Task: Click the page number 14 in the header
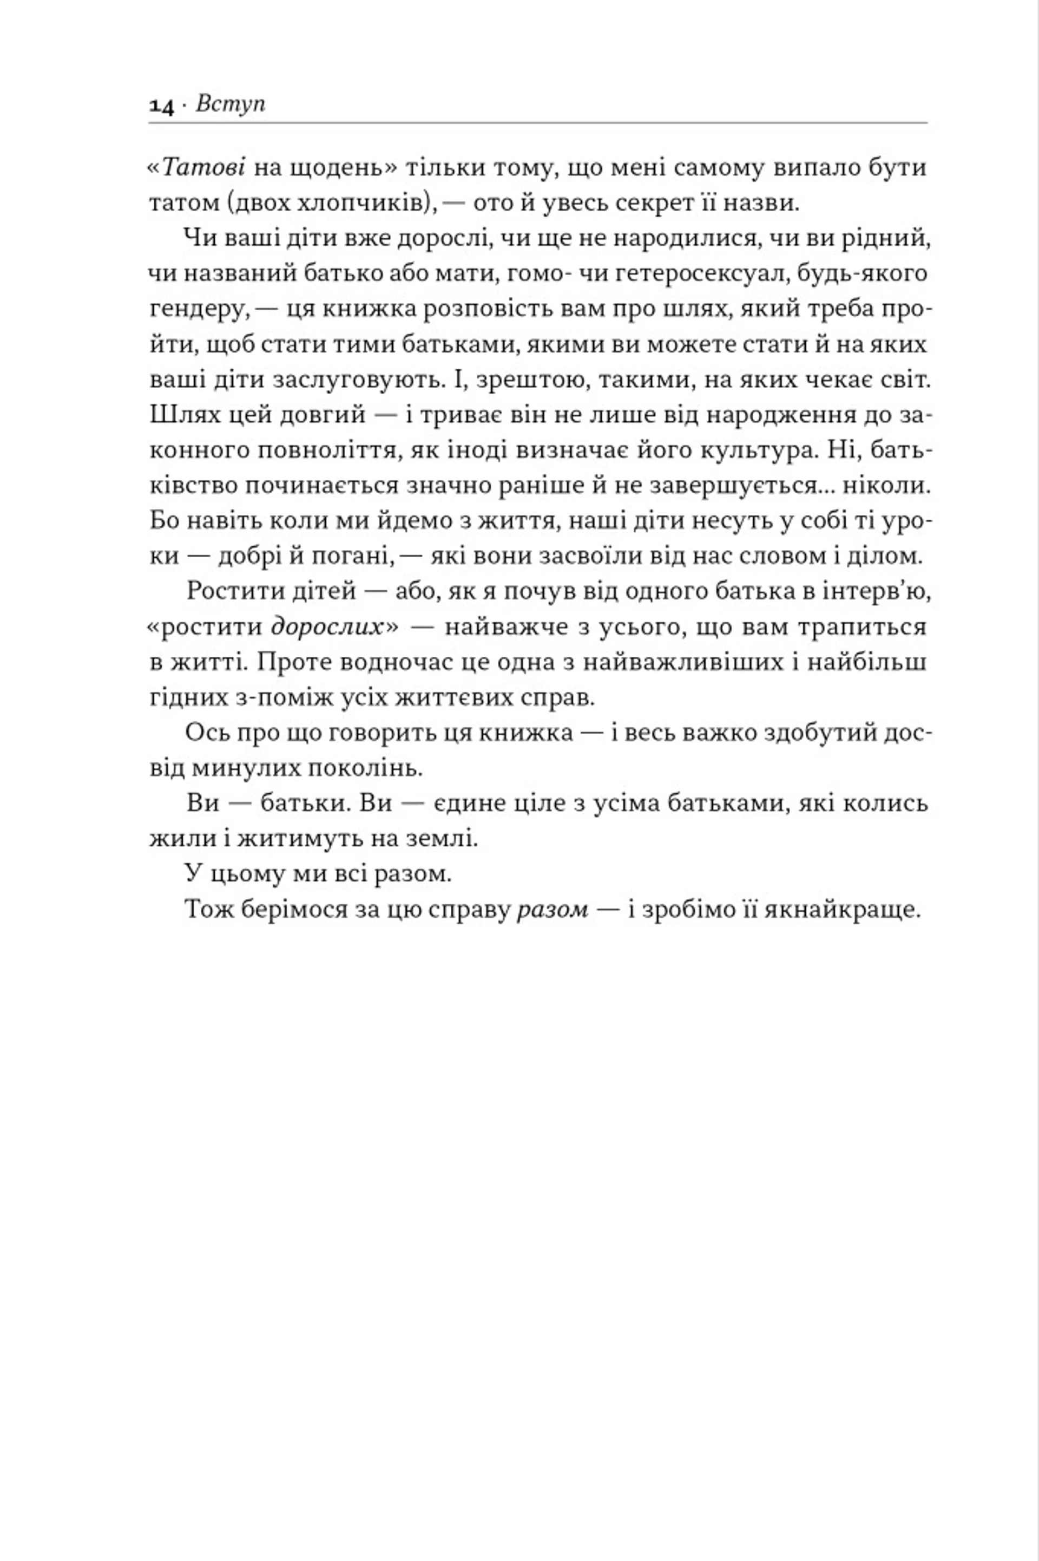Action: coord(161,106)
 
